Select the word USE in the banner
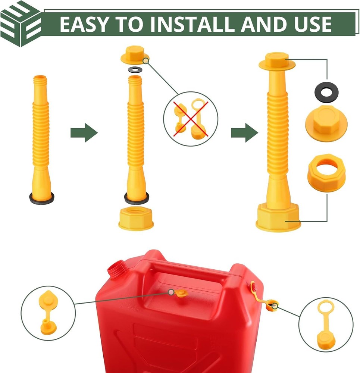coord(313,24)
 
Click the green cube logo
coord(21,23)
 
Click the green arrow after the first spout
coord(84,132)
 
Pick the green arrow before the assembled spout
coord(244,132)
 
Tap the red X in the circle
coord(191,119)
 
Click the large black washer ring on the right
coord(326,92)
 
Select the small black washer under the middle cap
coord(135,70)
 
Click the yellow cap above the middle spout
coord(135,55)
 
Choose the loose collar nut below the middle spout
coord(136,218)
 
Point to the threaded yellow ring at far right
coord(326,173)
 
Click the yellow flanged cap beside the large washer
coord(326,123)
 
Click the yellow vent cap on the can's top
coord(181,294)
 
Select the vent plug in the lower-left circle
coord(48,312)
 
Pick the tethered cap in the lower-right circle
coord(326,325)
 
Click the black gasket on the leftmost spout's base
coord(42,198)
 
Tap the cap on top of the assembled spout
coord(277,62)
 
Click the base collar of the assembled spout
coord(278,217)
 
